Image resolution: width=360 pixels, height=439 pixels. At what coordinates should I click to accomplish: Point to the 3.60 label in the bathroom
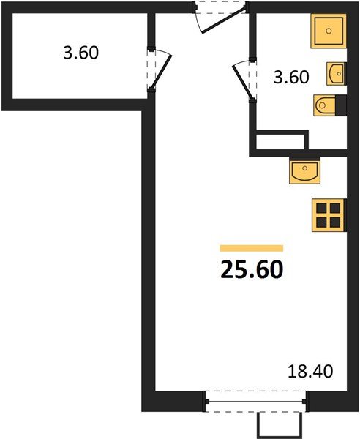pos(290,76)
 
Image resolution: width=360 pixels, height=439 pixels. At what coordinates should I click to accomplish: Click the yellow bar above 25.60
pos(251,249)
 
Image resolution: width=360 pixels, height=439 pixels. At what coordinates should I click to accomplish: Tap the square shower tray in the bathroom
pos(329,31)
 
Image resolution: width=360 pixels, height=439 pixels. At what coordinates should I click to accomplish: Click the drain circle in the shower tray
pos(329,31)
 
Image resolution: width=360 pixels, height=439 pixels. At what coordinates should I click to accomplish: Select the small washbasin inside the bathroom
pos(337,74)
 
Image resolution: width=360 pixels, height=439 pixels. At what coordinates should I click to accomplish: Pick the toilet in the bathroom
pos(328,107)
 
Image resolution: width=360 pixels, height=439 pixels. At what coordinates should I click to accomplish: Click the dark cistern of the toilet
pos(340,107)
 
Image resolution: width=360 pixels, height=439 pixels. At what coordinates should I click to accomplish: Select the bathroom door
pos(241,81)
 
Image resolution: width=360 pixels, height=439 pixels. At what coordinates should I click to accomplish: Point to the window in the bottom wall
pos(255,401)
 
